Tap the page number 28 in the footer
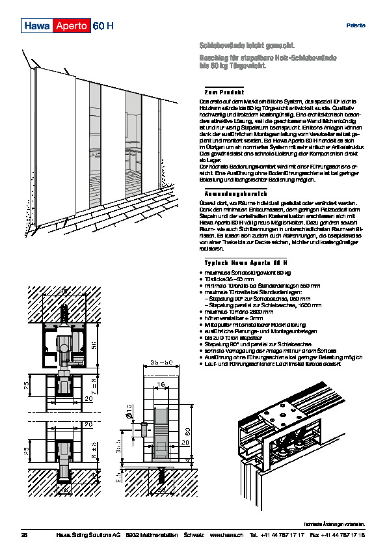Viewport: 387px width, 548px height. click(25, 535)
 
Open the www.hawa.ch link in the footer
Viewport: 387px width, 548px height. click(226, 535)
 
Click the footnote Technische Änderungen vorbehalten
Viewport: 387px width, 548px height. click(334, 524)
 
